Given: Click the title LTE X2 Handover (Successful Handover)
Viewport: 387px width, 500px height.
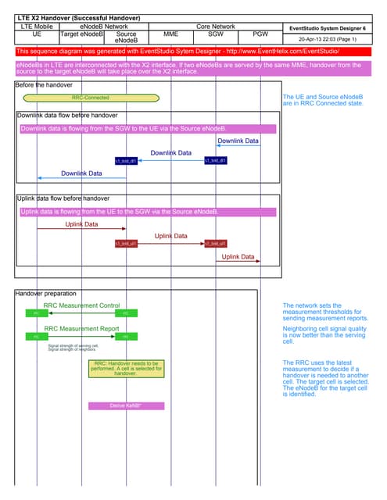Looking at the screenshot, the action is click(x=78, y=17).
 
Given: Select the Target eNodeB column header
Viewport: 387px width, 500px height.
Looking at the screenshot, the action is click(x=81, y=34).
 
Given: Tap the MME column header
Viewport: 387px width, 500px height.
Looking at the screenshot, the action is click(x=170, y=34).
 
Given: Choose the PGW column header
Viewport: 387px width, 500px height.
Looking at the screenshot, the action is click(x=260, y=34).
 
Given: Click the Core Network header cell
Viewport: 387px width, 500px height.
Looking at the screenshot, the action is click(x=215, y=27).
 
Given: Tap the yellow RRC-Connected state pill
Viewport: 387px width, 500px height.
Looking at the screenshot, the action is click(x=91, y=98).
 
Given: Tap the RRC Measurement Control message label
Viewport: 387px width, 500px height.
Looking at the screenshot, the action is click(x=81, y=305).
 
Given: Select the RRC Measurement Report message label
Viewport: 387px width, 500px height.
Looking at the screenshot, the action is click(x=81, y=329).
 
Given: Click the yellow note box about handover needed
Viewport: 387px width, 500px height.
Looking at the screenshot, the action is click(x=126, y=369).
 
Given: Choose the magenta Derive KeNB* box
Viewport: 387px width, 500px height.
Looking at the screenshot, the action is click(x=126, y=405).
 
